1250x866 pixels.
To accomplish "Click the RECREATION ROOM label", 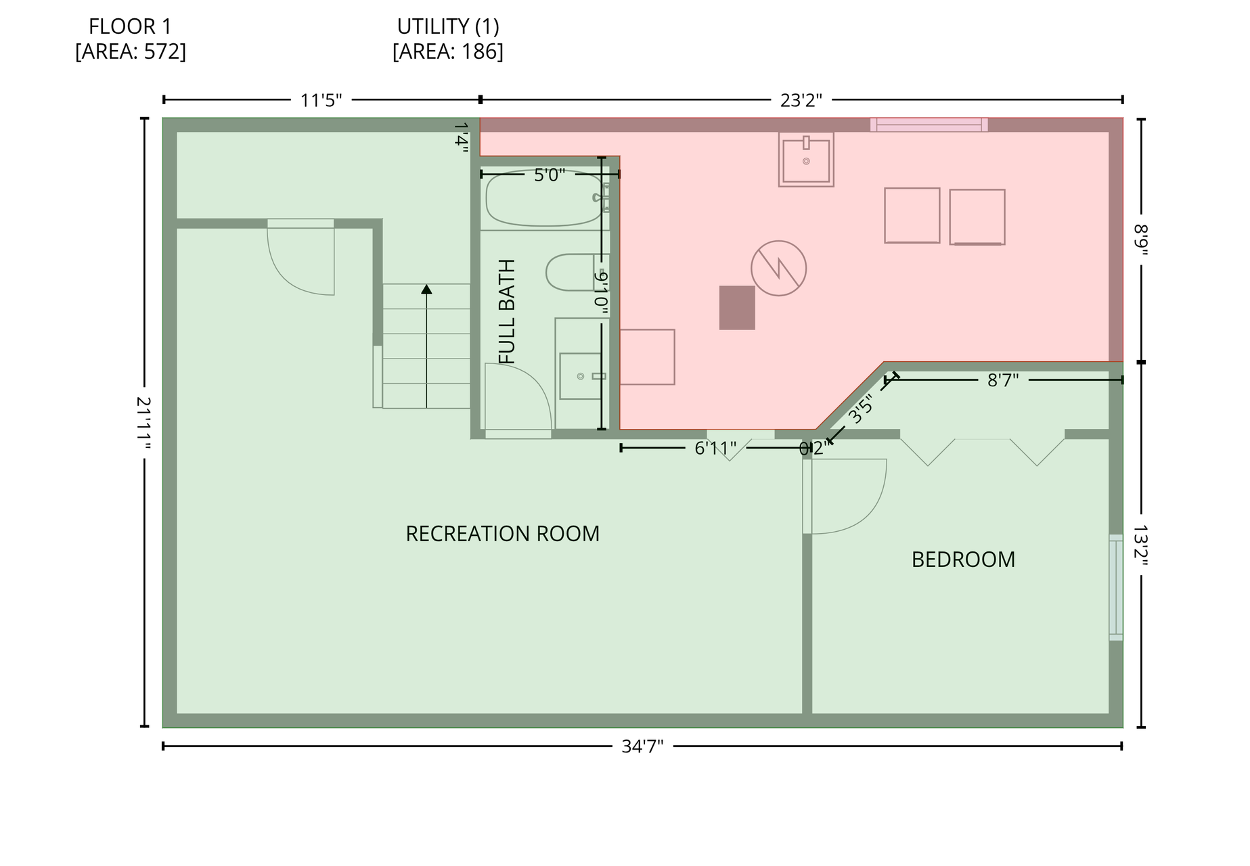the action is [x=502, y=534].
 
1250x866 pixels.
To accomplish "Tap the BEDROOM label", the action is [x=963, y=560].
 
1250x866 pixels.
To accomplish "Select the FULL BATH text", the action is [x=506, y=311].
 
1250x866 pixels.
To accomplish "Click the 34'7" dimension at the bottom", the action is [x=642, y=746].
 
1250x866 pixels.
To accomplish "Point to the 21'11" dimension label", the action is [x=143, y=422].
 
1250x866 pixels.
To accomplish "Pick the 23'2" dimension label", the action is [x=801, y=100].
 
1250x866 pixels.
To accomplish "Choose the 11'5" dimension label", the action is [x=321, y=100].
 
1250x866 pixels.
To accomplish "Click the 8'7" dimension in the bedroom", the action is [x=1003, y=380].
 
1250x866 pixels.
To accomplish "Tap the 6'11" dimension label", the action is [x=715, y=448].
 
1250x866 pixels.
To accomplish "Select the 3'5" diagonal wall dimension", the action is [x=861, y=409].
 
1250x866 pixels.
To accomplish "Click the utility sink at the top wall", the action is [x=806, y=160].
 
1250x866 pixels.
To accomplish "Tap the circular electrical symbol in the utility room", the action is [x=778, y=268].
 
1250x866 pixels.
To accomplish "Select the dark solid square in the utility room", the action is [x=737, y=308].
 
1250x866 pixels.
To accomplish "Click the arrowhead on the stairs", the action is [x=426, y=290].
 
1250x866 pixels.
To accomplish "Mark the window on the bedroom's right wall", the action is [x=1115, y=587].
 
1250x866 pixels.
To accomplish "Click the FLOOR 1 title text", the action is [x=131, y=26].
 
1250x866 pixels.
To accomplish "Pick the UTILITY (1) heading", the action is [x=448, y=26].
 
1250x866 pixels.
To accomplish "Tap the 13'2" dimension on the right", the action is [x=1141, y=545].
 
